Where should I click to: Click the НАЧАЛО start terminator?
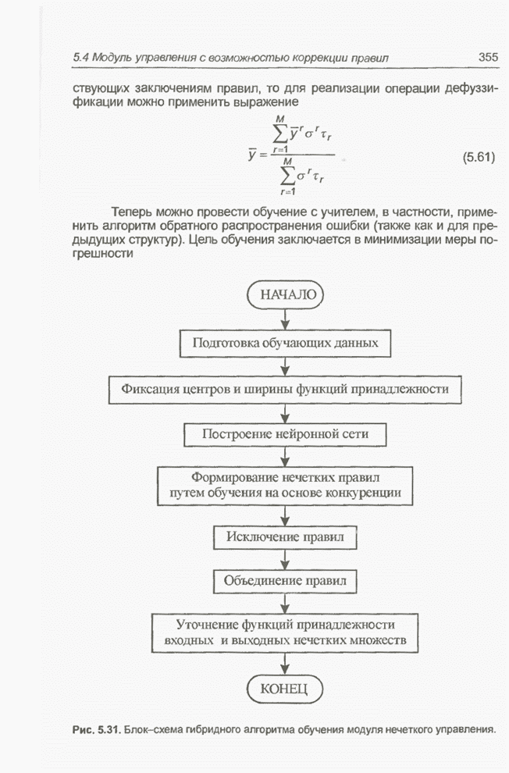click(x=283, y=295)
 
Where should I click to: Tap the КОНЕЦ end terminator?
click(x=283, y=688)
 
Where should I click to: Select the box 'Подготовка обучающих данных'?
click(x=285, y=342)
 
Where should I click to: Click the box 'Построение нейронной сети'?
click(x=285, y=433)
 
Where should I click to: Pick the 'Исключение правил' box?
click(x=284, y=536)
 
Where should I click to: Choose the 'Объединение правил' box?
click(x=285, y=581)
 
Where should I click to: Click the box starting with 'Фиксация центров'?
click(x=285, y=387)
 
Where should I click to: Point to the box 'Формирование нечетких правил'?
click(x=285, y=484)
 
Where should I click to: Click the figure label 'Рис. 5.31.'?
click(x=95, y=729)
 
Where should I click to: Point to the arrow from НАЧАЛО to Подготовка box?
click(x=284, y=319)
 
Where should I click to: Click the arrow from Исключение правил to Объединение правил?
click(x=284, y=559)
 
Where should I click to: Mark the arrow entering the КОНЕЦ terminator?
click(x=284, y=664)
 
